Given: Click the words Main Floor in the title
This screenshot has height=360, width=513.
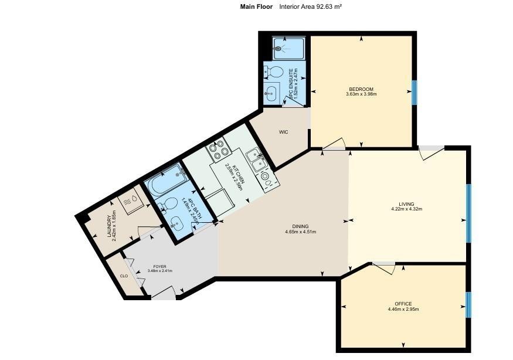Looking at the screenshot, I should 256,7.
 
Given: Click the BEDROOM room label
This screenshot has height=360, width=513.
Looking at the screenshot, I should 361,89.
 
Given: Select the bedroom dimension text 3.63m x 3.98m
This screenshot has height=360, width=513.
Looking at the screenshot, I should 361,94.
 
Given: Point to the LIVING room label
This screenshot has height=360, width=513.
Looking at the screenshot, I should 406,204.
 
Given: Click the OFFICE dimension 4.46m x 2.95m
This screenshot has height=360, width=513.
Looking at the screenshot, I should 403,309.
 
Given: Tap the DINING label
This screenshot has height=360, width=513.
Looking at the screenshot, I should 300,226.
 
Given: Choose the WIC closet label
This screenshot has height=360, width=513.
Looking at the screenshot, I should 283,132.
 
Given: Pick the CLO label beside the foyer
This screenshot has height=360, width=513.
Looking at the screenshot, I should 124,276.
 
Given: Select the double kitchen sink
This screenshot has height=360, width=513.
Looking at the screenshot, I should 256,157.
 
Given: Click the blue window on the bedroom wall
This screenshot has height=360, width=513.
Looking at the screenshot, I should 414,91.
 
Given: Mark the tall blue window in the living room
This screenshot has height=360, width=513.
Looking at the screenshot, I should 468,213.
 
